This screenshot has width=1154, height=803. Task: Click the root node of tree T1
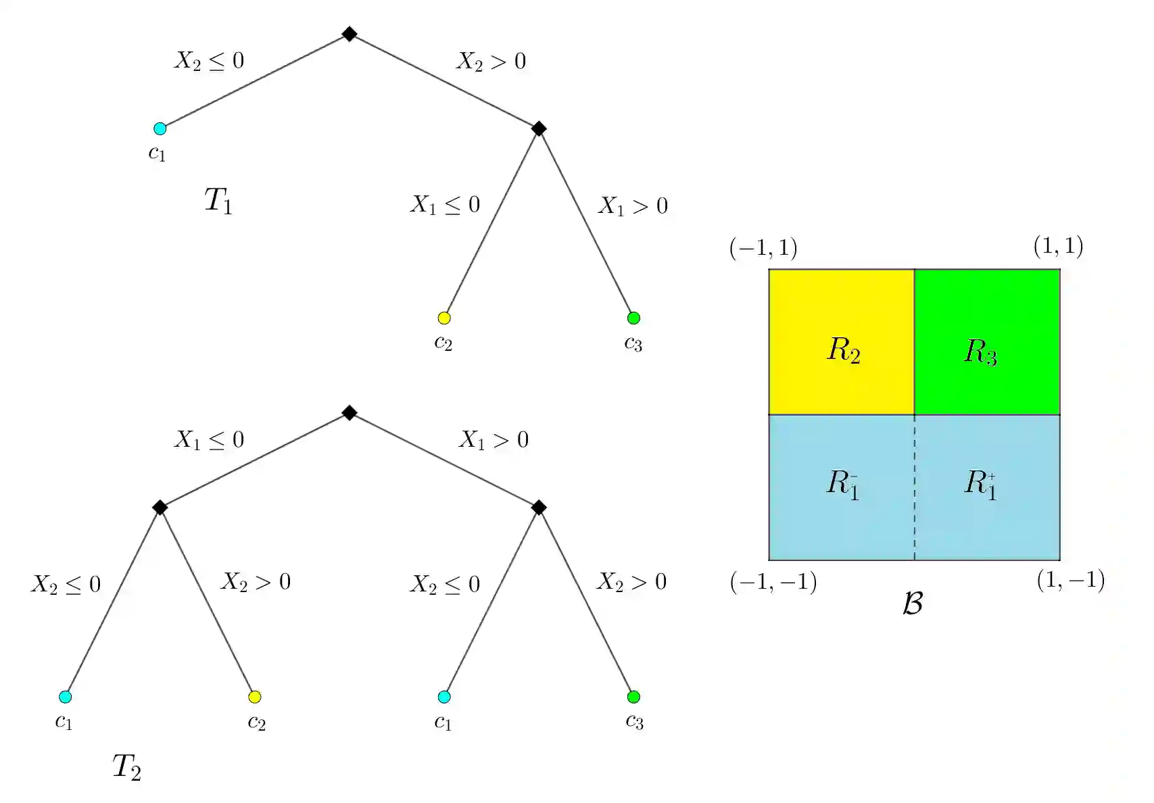pos(349,34)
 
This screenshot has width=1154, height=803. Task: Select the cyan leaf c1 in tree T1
pos(160,128)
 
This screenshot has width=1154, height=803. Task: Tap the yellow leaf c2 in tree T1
pos(444,318)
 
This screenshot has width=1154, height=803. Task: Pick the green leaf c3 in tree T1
pos(633,318)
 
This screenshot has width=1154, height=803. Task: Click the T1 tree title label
pos(218,201)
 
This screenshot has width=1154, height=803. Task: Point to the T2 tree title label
pos(126,766)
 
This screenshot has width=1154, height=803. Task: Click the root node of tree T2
pos(349,412)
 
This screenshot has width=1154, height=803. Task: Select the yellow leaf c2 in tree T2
pos(255,697)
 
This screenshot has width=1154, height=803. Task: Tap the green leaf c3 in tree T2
pos(633,697)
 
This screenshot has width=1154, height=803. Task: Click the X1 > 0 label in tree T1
pos(633,205)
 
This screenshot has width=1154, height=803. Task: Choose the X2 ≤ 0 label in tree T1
pos(209,61)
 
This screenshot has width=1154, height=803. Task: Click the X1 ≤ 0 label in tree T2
pos(209,440)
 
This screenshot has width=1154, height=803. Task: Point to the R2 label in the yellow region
pos(844,350)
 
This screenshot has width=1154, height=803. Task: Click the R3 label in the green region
pos(980,351)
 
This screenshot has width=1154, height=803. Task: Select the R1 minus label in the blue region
pos(843,484)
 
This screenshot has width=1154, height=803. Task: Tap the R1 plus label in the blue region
pos(980,484)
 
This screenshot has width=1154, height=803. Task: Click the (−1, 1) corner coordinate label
pos(763,248)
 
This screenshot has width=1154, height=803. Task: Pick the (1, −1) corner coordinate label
pos(1070,580)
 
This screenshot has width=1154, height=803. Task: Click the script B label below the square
pos(913,603)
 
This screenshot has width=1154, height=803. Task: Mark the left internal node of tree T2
pos(160,507)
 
